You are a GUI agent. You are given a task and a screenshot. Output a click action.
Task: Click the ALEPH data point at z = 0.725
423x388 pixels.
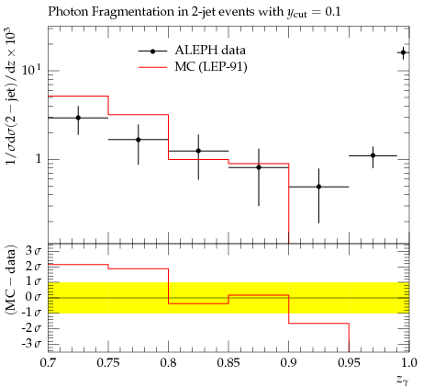tap(78, 118)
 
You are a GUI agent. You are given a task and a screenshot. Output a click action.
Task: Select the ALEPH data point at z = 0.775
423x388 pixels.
tap(139, 140)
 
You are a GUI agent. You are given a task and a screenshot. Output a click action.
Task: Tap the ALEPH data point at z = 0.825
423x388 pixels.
tap(198, 151)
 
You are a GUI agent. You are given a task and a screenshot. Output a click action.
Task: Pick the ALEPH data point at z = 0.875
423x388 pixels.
tap(259, 167)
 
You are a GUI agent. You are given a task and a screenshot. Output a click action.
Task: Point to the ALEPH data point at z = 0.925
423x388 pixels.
tap(318, 187)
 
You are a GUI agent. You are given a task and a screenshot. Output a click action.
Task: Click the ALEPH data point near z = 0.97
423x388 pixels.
tap(373, 155)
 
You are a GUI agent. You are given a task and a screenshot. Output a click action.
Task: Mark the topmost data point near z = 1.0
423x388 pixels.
tap(404, 52)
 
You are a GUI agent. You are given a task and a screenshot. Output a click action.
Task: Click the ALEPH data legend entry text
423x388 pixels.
tap(210, 51)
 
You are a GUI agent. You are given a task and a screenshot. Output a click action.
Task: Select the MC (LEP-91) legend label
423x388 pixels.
tap(211, 67)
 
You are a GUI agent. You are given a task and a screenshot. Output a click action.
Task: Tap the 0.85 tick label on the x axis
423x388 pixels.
tap(228, 363)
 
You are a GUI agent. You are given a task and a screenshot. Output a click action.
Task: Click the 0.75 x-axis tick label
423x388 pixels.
tap(108, 363)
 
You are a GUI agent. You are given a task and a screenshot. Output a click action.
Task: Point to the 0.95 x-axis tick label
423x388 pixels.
tap(349, 363)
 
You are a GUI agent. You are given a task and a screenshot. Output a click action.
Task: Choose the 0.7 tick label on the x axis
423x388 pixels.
tap(48, 363)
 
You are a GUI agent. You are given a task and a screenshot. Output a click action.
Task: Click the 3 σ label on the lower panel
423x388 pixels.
tap(33, 251)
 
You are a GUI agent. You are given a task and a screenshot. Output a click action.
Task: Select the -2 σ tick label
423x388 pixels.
tap(31, 328)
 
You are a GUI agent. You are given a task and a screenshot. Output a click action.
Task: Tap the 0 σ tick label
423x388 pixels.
tap(33, 297)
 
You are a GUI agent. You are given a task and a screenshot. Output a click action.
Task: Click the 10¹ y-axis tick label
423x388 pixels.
tap(31, 70)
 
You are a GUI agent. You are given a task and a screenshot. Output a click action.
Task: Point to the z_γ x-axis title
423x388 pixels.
tap(403, 380)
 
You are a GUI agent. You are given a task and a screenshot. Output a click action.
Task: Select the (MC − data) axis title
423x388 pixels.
tap(10, 280)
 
